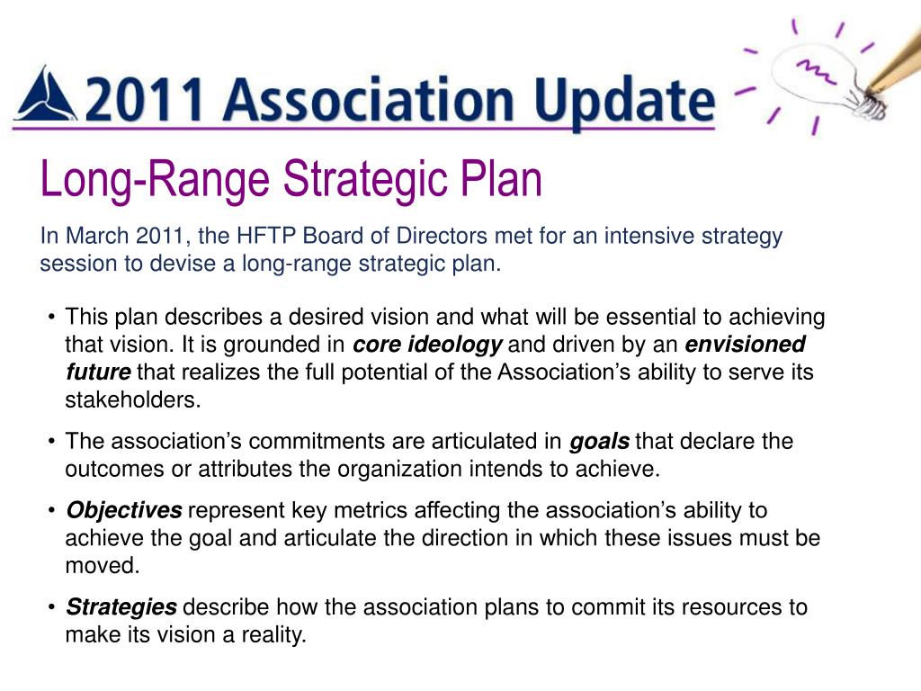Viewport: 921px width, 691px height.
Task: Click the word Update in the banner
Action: [624, 101]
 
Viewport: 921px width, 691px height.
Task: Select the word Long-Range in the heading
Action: [155, 179]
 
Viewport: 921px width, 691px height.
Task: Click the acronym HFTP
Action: [266, 236]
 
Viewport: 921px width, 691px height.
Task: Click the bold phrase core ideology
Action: [427, 345]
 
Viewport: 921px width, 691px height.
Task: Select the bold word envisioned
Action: [745, 345]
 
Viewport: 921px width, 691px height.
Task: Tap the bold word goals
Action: [599, 442]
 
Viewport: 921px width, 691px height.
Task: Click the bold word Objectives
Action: [124, 511]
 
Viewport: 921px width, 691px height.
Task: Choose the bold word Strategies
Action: [121, 607]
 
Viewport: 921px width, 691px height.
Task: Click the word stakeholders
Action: [133, 400]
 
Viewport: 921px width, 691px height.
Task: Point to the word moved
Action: [103, 566]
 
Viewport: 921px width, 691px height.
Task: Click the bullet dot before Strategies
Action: [52, 607]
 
